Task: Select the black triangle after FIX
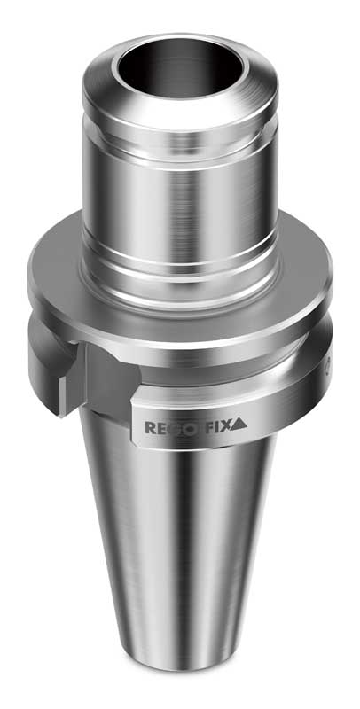tap(240, 427)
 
